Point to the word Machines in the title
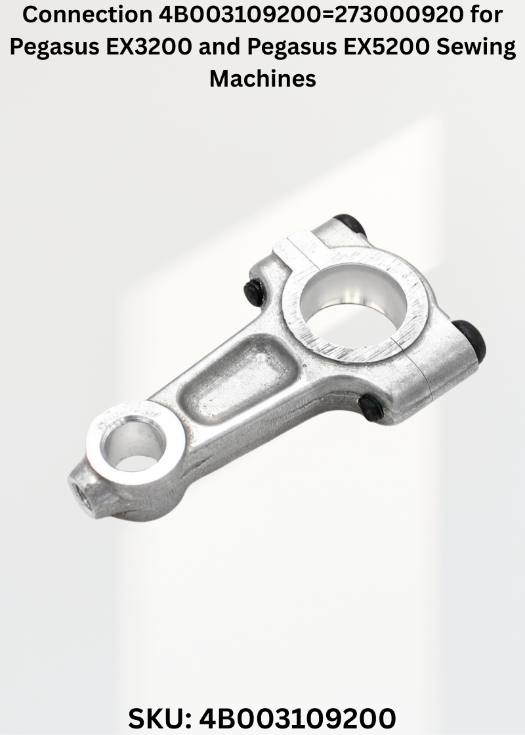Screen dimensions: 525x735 262,78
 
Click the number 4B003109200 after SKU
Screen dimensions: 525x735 298,718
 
